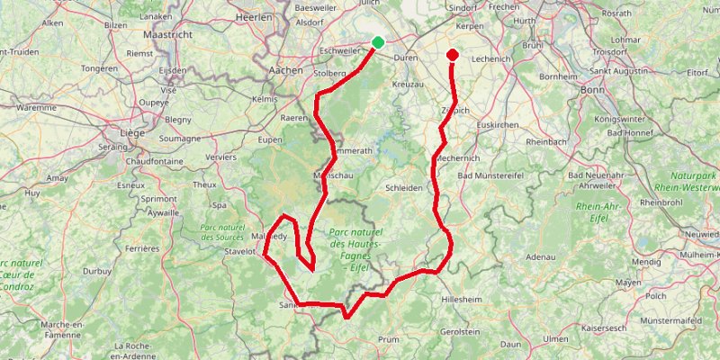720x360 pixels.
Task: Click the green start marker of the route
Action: tap(378, 42)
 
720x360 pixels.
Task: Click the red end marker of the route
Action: tap(453, 55)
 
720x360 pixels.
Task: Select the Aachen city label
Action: tap(288, 69)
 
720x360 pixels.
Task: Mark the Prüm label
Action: tap(390, 339)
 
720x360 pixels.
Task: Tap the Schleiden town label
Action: tap(404, 188)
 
